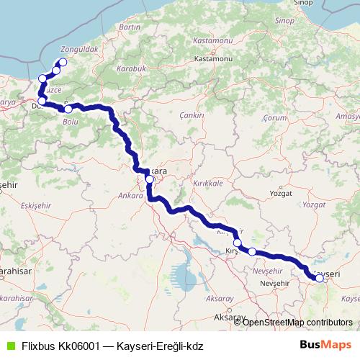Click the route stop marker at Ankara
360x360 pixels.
coord(149,179)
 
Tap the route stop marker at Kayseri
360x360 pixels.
coord(320,277)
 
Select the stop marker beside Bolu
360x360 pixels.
coord(68,109)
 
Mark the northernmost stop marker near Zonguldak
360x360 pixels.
coord(63,62)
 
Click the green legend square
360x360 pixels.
coord(10,346)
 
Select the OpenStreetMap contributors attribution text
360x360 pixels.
coord(297,322)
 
